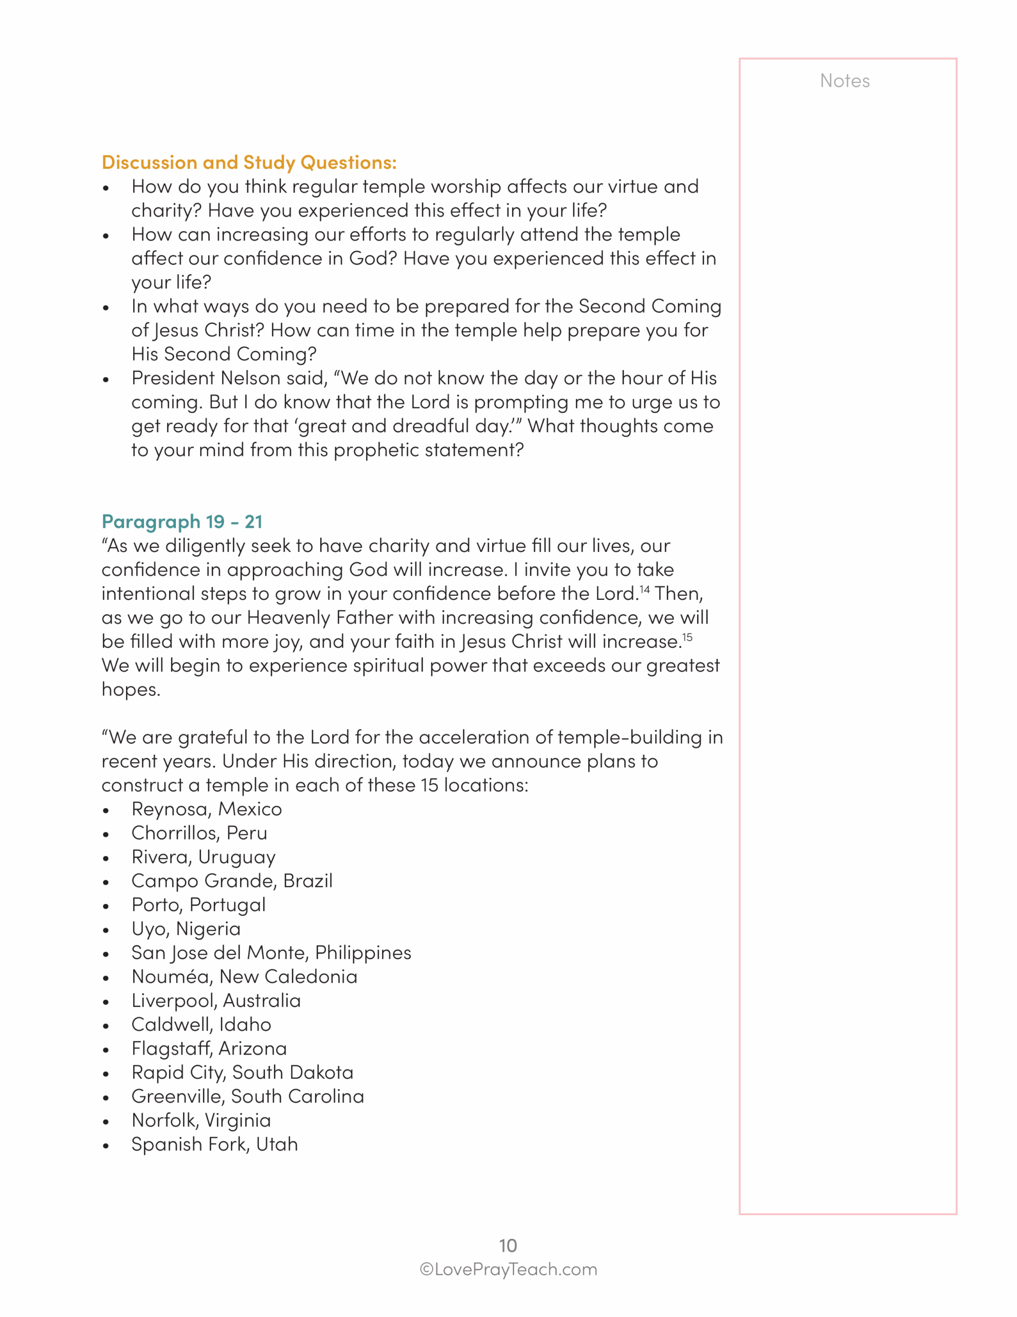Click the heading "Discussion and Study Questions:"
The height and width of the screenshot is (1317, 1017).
point(249,162)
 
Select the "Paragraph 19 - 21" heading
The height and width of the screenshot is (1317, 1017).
point(181,521)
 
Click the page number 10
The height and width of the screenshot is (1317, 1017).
point(507,1245)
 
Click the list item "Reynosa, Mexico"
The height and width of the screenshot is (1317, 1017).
point(206,809)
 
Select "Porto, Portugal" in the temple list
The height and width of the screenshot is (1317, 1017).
point(198,904)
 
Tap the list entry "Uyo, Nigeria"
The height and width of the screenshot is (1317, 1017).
point(186,929)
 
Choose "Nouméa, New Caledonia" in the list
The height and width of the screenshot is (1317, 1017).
point(244,976)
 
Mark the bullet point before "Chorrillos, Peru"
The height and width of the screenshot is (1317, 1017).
point(106,835)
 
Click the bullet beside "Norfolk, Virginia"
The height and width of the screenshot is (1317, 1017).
point(106,1122)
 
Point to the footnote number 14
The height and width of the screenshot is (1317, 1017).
point(644,589)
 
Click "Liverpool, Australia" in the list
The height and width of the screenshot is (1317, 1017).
point(216,1001)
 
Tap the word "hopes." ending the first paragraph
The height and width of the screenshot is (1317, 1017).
point(131,689)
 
